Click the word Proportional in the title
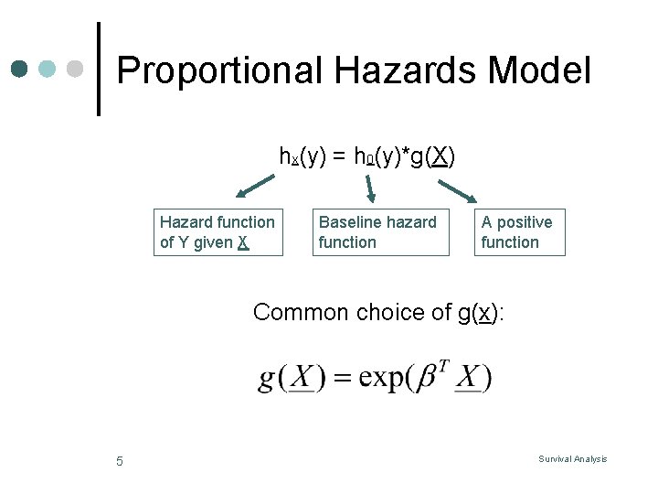[220, 71]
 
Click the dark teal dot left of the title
[19, 70]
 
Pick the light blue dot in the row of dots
[48, 70]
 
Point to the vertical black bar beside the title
[99, 69]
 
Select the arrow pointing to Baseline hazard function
[369, 188]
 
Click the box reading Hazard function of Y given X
[218, 232]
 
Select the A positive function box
[519, 232]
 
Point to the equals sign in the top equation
[338, 157]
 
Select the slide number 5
[120, 461]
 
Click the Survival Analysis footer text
[572, 459]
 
